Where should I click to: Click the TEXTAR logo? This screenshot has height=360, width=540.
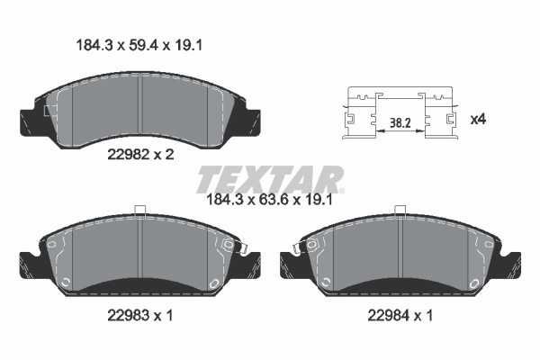point(269,178)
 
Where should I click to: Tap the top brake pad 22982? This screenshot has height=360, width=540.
point(139,108)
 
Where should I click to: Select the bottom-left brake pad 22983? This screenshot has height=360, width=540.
point(139,256)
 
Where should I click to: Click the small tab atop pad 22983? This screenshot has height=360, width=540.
point(139,212)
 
